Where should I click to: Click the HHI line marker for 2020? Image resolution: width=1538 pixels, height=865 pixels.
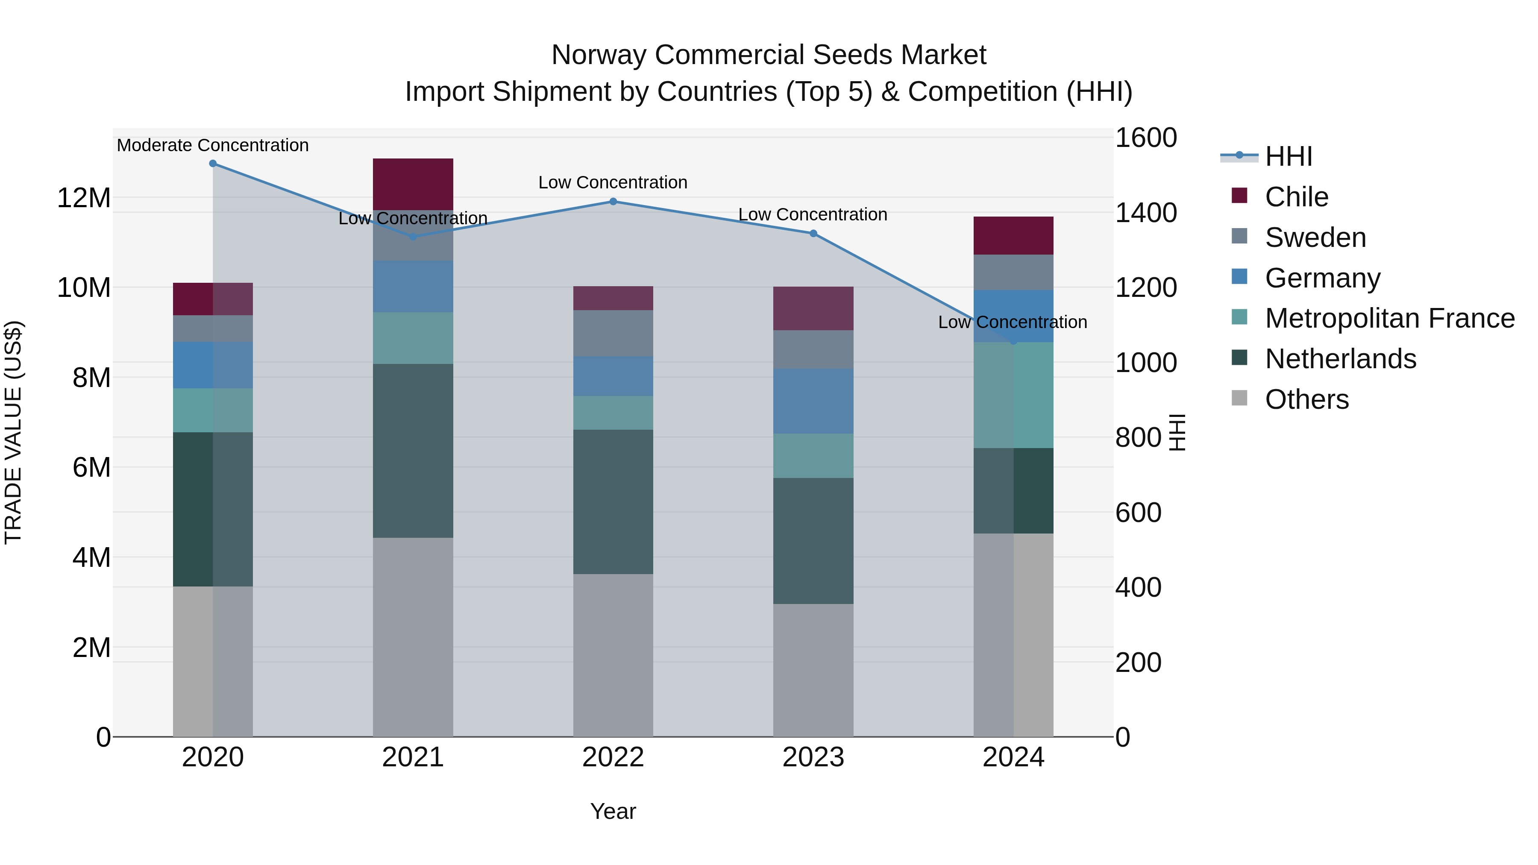213,164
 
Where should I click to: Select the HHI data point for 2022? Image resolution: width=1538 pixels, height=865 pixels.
613,202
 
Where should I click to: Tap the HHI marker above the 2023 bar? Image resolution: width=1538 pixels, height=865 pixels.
813,233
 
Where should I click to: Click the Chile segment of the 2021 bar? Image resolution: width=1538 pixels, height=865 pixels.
413,184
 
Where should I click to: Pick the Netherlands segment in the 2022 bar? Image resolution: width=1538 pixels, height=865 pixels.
613,501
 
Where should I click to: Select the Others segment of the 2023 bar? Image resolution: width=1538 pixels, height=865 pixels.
813,670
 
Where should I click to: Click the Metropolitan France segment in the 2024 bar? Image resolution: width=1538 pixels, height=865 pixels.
1013,395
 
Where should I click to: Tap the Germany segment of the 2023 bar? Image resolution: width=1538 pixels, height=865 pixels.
813,401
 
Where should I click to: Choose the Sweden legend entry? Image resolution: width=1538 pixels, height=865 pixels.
1315,238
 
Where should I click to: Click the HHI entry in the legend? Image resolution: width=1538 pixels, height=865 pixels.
1289,156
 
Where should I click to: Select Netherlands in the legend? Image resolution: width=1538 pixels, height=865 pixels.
1340,359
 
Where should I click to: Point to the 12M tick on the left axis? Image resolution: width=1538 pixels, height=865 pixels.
84,198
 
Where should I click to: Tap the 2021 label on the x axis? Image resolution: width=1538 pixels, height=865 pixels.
413,757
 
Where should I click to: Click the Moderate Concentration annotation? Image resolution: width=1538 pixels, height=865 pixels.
213,145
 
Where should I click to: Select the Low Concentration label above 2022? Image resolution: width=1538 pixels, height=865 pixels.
613,182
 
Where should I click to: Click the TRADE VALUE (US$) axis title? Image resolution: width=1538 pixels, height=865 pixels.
13,432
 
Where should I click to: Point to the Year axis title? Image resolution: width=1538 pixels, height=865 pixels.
613,811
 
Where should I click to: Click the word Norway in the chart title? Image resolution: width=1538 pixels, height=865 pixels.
599,55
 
